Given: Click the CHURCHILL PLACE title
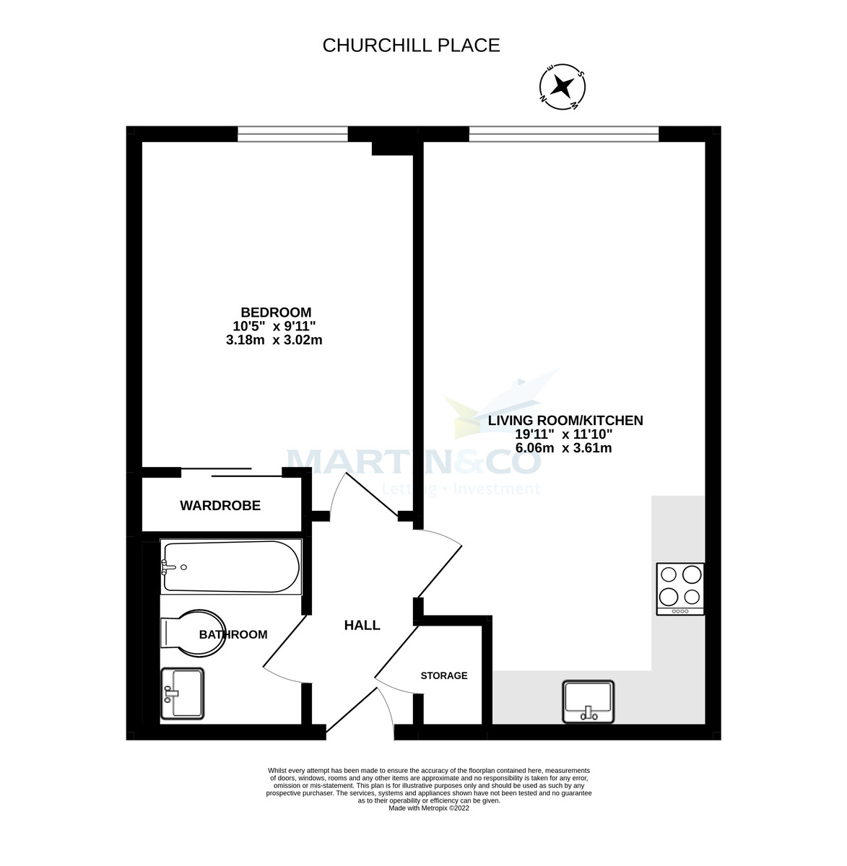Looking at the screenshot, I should click(411, 45).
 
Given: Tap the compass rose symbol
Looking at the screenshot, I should click(563, 87).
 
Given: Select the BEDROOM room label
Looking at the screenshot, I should click(276, 312).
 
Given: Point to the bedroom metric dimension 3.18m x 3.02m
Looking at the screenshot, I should click(274, 340).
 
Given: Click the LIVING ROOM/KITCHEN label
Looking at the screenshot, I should click(565, 420).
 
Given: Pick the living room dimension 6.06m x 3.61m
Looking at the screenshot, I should click(563, 447).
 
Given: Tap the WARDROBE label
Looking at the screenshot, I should click(220, 506).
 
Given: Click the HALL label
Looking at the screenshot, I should click(362, 626).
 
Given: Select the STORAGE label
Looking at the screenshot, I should click(444, 676).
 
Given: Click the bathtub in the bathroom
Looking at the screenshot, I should click(230, 567).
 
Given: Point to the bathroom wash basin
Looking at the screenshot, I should click(183, 693).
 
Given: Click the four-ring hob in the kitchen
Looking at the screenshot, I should click(680, 588).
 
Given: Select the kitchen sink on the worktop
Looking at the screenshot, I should click(588, 701).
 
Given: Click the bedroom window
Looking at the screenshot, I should click(292, 134).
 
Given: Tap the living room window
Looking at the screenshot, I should click(563, 134).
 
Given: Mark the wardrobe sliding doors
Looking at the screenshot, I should click(231, 473).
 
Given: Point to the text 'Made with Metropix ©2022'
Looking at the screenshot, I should click(429, 808).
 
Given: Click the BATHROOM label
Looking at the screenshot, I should click(233, 635).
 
